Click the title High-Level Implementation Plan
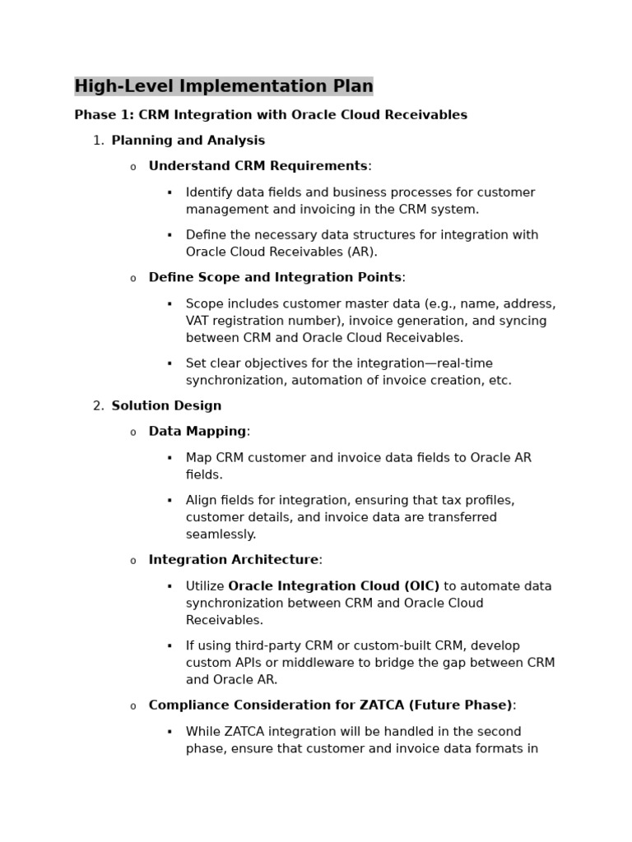click(x=223, y=86)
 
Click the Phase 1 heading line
click(x=271, y=115)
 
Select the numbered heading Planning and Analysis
click(x=188, y=141)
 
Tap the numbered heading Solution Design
click(x=166, y=406)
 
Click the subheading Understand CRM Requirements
click(x=258, y=166)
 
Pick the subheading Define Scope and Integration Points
click(x=275, y=278)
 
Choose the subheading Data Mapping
click(x=197, y=432)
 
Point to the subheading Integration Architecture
click(x=233, y=560)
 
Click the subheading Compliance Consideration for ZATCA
click(x=330, y=706)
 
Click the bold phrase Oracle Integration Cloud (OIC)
click(x=333, y=586)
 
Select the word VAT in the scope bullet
click(x=198, y=321)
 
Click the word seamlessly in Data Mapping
click(x=221, y=534)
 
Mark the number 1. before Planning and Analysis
click(x=98, y=141)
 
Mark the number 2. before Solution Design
click(x=98, y=406)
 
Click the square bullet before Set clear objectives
click(x=170, y=363)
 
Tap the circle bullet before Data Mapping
click(x=132, y=433)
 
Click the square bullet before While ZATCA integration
click(x=170, y=732)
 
